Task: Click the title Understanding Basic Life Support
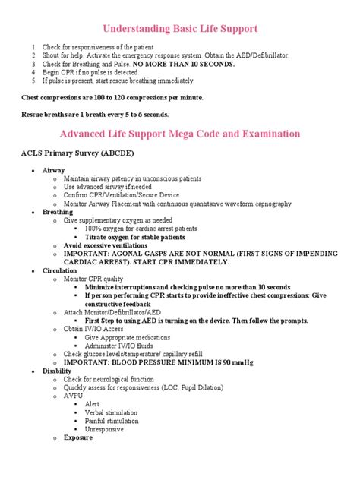[x=180, y=29]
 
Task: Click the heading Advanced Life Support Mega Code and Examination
[x=180, y=134]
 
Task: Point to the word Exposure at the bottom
[x=78, y=438]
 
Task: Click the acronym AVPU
[x=74, y=396]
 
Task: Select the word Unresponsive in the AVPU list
[x=106, y=429]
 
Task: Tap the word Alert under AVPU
[x=93, y=404]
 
